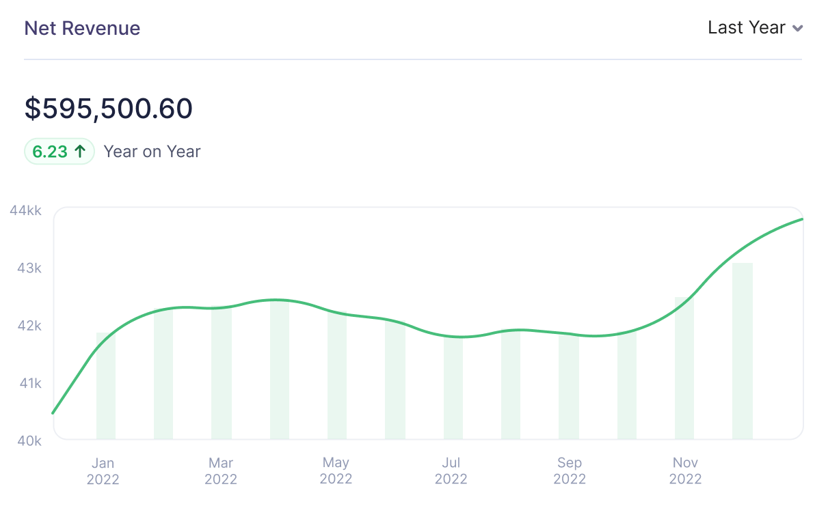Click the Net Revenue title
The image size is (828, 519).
[x=82, y=29]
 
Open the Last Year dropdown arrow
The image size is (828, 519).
[x=797, y=29]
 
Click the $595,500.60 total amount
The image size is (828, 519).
[x=109, y=109]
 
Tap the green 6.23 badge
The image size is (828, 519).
[x=59, y=152]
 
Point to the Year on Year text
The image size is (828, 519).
[x=152, y=152]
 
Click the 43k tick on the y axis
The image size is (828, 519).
[x=29, y=268]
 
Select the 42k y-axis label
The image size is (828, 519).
[x=29, y=326]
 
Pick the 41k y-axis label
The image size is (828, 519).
[x=29, y=384]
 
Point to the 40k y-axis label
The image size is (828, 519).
[x=29, y=441]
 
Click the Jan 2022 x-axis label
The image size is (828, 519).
[x=103, y=471]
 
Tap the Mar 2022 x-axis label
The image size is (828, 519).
[x=221, y=471]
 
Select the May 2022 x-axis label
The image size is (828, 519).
[x=336, y=471]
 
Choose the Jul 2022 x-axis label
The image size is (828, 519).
[x=451, y=471]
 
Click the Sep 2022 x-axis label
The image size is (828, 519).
[x=570, y=471]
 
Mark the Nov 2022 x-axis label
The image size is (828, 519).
[x=685, y=471]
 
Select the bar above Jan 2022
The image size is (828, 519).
[x=106, y=386]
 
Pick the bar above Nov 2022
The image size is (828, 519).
[x=684, y=369]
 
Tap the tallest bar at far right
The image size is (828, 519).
[x=743, y=351]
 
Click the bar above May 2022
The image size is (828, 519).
[x=337, y=376]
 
